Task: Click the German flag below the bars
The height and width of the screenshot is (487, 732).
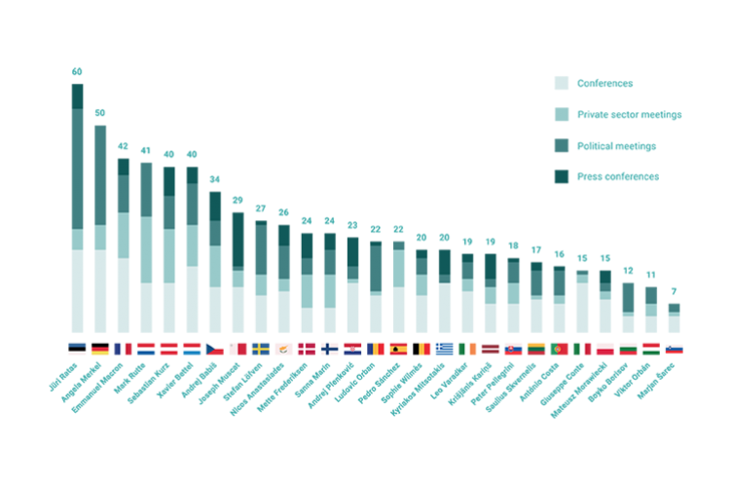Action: tap(100, 349)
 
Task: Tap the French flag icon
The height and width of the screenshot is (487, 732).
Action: tap(123, 349)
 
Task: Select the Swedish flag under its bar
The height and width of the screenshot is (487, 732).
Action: tap(261, 349)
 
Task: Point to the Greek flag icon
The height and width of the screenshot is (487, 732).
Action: tap(445, 349)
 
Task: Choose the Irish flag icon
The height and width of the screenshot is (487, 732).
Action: tap(467, 349)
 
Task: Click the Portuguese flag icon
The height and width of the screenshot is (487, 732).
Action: tap(560, 349)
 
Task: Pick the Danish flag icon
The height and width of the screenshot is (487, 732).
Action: tap(307, 349)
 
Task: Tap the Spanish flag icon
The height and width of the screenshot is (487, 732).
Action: tap(399, 349)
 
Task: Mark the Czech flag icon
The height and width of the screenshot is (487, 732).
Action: tap(215, 349)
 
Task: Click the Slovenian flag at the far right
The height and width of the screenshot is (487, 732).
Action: tap(674, 349)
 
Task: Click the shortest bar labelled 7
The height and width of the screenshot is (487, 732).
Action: tap(674, 318)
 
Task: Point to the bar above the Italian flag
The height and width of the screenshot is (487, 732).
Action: tap(582, 302)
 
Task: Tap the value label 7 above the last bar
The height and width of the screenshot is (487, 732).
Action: tap(674, 291)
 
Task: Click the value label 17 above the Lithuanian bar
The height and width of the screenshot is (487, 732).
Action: tap(536, 250)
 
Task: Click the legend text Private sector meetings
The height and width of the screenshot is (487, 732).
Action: tap(629, 115)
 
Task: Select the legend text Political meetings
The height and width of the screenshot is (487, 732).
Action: tap(616, 146)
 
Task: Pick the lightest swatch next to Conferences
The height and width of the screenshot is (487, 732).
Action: tap(562, 84)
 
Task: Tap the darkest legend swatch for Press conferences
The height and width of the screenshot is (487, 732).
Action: tap(562, 177)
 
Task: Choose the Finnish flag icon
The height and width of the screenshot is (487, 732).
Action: tap(330, 349)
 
